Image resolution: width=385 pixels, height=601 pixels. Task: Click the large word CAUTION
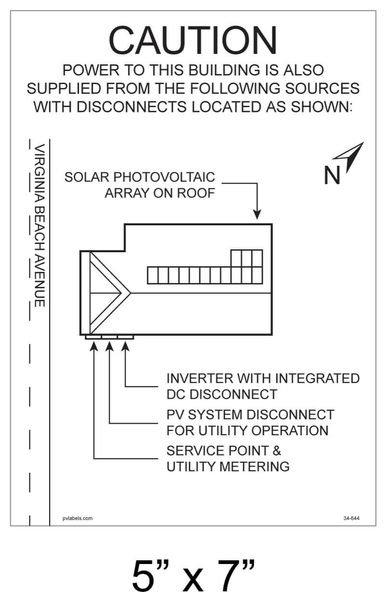[x=192, y=40]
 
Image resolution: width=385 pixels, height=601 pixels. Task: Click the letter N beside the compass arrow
[x=332, y=175]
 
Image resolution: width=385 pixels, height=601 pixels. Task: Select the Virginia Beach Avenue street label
[x=39, y=226]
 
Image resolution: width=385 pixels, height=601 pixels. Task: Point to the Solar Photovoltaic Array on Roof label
[x=140, y=185]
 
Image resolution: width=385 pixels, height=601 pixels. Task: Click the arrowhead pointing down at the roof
[x=257, y=215]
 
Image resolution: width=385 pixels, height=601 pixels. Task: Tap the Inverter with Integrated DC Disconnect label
[x=263, y=386]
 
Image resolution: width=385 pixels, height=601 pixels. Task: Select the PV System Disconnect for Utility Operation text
[x=250, y=422]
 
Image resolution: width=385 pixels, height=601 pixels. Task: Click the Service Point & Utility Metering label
[x=228, y=458]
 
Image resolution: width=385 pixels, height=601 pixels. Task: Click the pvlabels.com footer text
[x=77, y=518]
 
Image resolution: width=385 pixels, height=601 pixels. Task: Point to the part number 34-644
[x=351, y=518]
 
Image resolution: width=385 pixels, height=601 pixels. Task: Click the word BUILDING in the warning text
[x=224, y=70]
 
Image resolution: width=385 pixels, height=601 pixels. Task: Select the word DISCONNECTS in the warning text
[x=132, y=107]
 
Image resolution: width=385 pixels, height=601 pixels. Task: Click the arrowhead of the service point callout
[x=93, y=346]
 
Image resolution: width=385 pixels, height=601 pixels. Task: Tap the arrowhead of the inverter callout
[x=125, y=346]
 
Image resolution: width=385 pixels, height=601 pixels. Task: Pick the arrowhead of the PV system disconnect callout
[x=109, y=346]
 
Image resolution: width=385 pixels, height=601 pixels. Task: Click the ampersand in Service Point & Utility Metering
[x=277, y=451]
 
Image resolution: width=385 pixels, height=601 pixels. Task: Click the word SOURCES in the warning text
[x=322, y=88]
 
